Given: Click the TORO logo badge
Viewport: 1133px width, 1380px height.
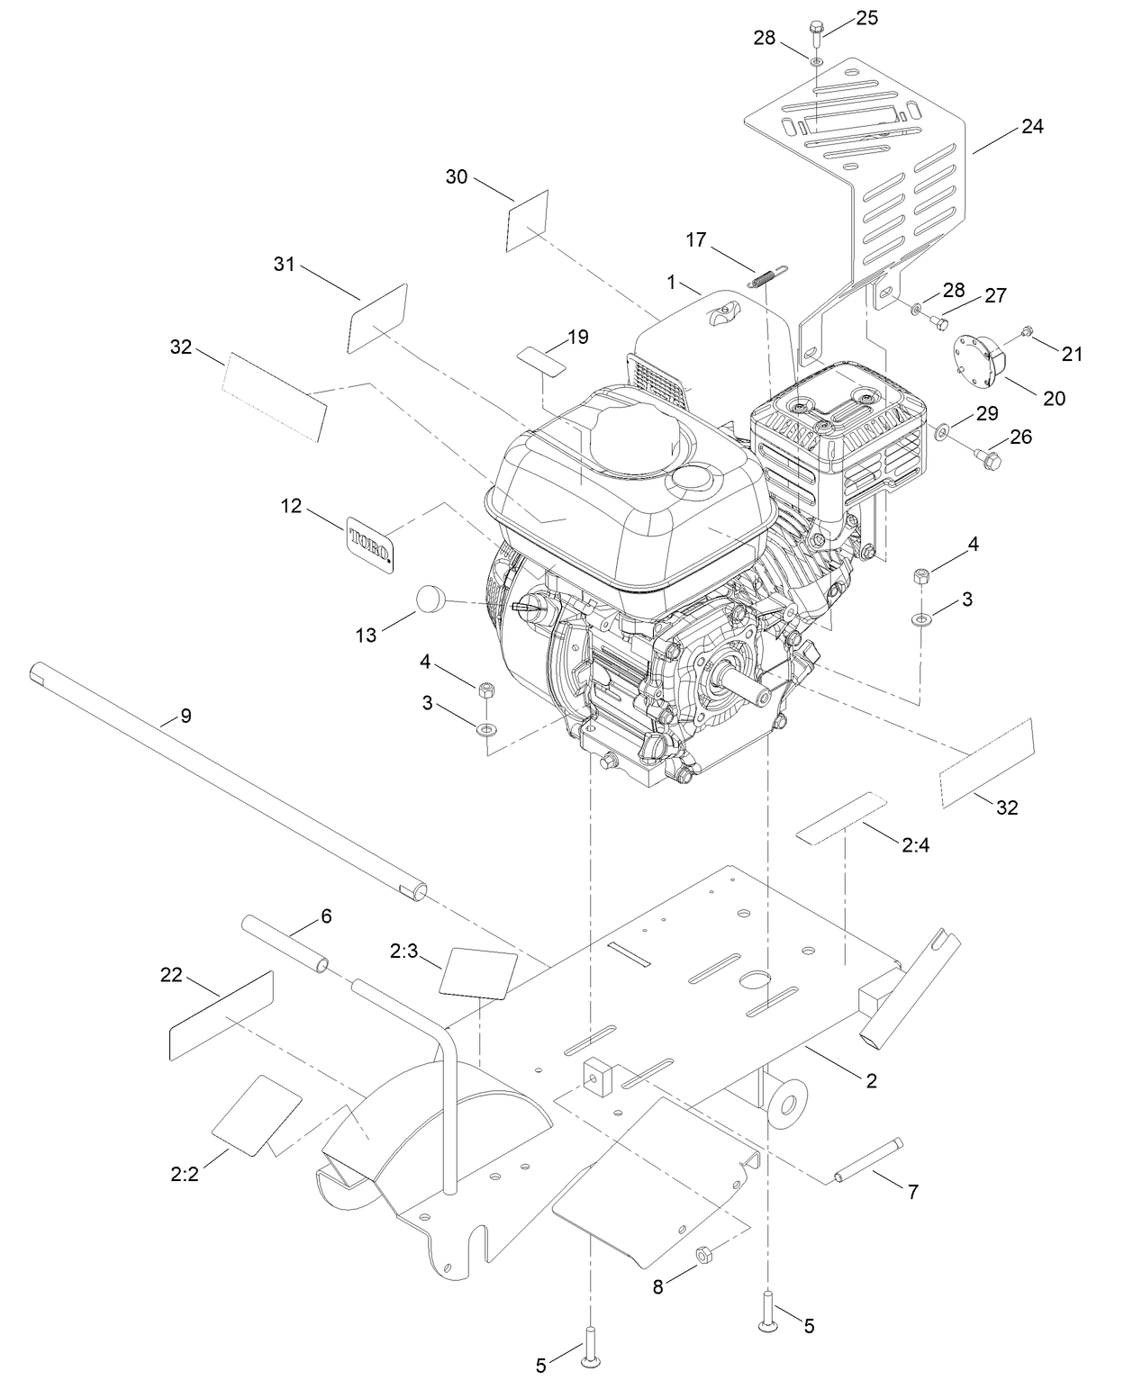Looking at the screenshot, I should pos(371,544).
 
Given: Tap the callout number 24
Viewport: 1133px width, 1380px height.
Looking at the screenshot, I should pos(1032,127).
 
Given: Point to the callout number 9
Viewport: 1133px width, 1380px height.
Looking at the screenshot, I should pos(186,717).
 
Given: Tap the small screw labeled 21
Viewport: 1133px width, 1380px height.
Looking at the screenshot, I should pos(1027,334).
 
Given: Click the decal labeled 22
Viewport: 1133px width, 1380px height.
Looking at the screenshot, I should pos(221,1015).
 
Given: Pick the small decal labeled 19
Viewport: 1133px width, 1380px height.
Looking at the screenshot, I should pos(541,358).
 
